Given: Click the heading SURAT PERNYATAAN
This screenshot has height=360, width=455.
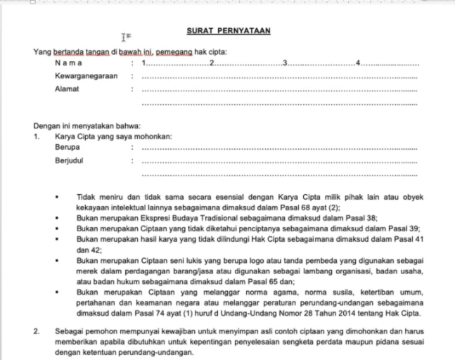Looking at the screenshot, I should (x=229, y=31).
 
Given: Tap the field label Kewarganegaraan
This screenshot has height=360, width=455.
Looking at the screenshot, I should (x=86, y=76).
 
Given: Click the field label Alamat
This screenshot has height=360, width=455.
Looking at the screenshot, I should (x=67, y=89).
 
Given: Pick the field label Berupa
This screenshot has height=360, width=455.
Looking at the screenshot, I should (x=67, y=148).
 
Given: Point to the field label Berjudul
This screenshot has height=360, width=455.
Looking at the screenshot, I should (x=69, y=160).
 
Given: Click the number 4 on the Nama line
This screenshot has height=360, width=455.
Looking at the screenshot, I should (x=359, y=64).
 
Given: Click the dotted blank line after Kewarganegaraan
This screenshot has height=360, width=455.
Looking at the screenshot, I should (x=279, y=77).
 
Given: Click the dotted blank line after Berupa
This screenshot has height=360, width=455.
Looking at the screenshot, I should (x=279, y=148).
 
